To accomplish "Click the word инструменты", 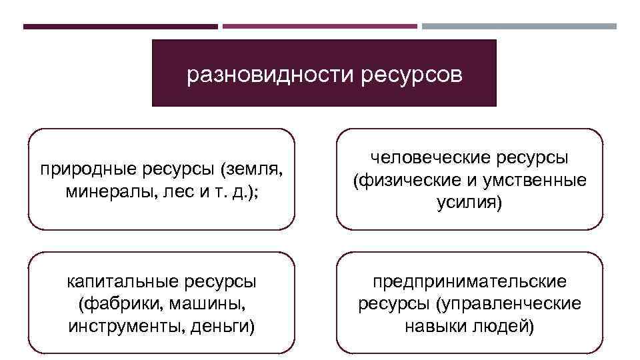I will tap(119, 327).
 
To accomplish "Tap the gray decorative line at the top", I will tap(519, 27).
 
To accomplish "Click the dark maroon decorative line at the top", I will tap(120, 27).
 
